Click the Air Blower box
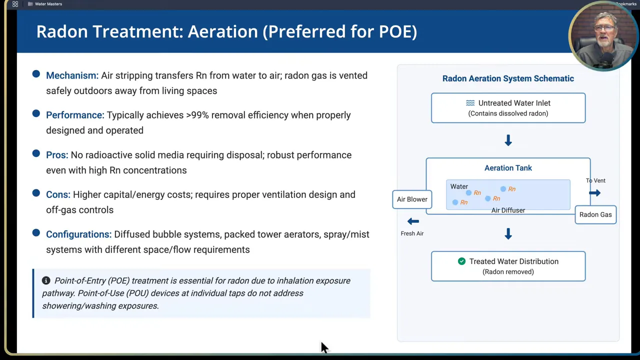(412, 199)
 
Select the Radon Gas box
(595, 214)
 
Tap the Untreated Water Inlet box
(508, 107)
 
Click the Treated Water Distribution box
(508, 266)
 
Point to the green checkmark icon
(461, 261)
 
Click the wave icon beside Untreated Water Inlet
(470, 103)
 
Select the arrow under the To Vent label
(594, 193)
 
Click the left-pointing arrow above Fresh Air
(413, 221)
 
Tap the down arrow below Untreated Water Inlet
(508, 140)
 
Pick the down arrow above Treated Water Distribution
(508, 233)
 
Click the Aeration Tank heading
(508, 168)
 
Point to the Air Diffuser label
(508, 210)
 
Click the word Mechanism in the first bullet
(71, 75)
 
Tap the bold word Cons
(57, 194)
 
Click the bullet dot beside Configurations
(36, 233)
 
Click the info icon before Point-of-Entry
(46, 280)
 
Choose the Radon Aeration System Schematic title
(508, 78)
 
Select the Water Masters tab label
(48, 4)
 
